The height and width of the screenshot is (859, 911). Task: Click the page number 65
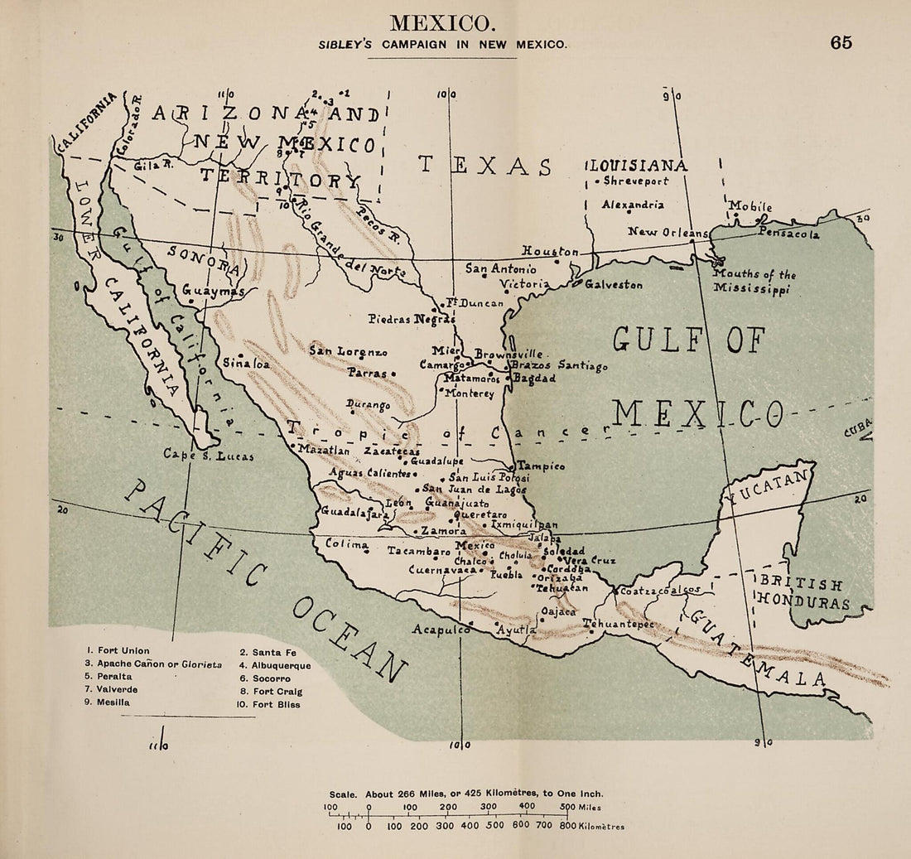click(841, 43)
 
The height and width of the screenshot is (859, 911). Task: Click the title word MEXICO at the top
click(443, 22)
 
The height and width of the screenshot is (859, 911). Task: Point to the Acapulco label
click(441, 630)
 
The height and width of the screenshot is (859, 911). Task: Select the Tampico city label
click(542, 466)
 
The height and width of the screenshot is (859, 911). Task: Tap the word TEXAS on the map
click(485, 165)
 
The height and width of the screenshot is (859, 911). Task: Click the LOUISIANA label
click(638, 166)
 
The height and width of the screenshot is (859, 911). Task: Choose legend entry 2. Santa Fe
click(268, 652)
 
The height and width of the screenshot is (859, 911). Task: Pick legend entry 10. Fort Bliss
click(270, 705)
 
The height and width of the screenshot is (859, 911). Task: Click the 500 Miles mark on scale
click(567, 807)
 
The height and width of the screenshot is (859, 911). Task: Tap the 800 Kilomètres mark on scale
click(567, 826)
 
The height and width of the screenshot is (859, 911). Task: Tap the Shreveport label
click(636, 181)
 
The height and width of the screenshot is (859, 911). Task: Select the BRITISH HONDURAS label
click(803, 593)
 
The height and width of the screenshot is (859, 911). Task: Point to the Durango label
click(369, 405)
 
